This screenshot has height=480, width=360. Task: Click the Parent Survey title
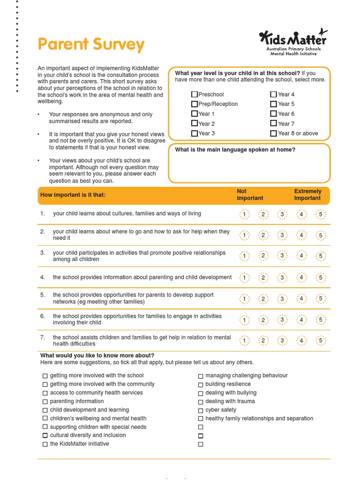click(x=91, y=45)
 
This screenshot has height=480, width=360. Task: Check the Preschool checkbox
click(x=195, y=95)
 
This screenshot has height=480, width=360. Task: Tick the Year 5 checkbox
click(x=274, y=104)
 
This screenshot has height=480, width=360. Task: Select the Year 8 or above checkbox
click(x=274, y=134)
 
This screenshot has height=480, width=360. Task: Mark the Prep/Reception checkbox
click(x=195, y=104)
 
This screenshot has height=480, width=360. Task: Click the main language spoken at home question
click(x=235, y=150)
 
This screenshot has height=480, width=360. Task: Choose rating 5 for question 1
click(x=321, y=215)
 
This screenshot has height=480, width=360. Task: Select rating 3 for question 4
click(x=282, y=278)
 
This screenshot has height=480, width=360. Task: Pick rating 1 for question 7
click(x=244, y=341)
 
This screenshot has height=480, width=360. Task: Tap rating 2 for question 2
click(x=263, y=235)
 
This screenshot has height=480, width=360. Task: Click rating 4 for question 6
click(x=301, y=320)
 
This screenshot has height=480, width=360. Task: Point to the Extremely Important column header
click(x=307, y=195)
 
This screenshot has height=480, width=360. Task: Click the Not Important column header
click(x=249, y=195)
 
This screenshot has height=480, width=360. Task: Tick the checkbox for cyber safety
click(x=201, y=410)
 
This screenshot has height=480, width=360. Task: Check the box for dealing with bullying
click(x=201, y=393)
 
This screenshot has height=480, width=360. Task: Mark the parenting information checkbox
click(x=45, y=402)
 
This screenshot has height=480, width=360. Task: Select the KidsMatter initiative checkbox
click(x=45, y=444)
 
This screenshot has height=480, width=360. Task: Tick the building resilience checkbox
click(x=201, y=385)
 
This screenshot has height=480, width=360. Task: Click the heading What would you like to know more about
click(x=97, y=355)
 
